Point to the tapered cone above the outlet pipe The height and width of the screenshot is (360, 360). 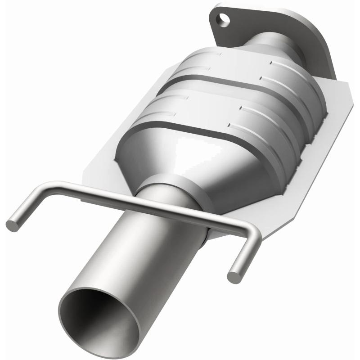180,162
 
